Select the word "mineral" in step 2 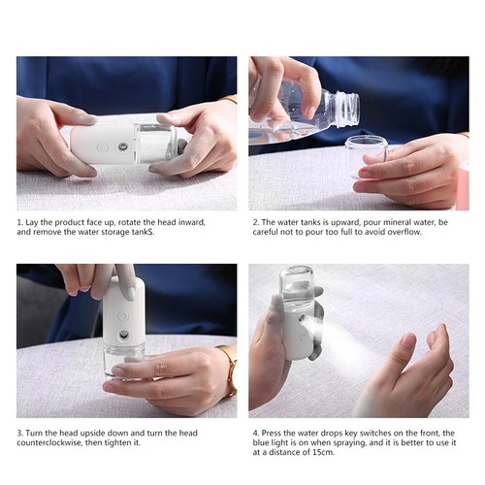389,222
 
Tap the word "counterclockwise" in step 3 56,442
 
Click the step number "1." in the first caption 20,222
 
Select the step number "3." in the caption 20,432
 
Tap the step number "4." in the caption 255,432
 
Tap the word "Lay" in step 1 34,222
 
